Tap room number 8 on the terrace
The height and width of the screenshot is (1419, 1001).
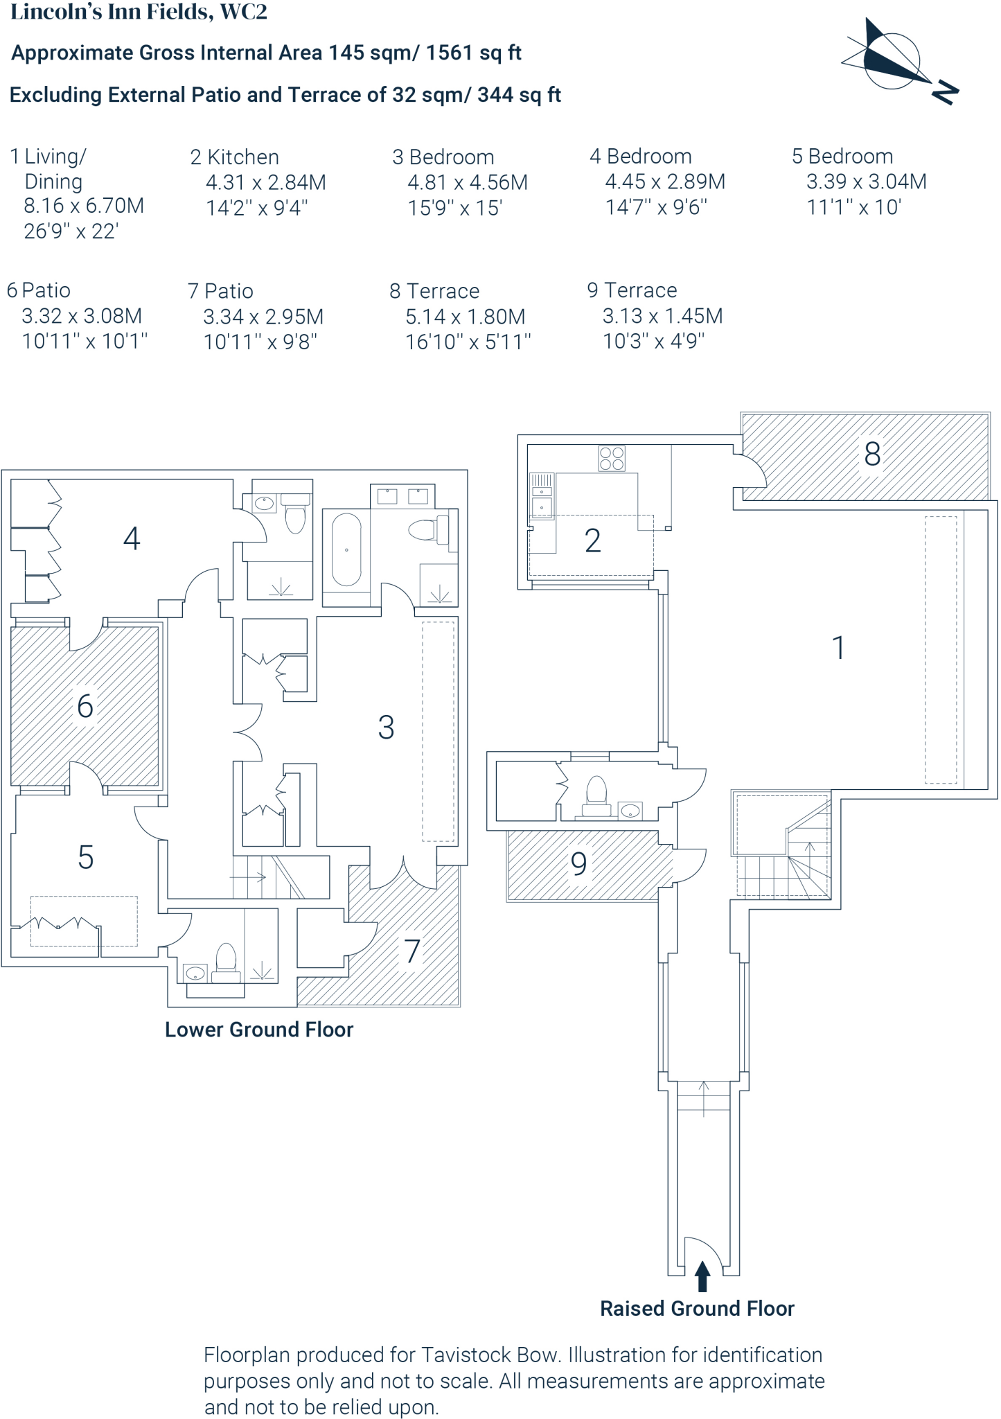pyautogui.click(x=872, y=455)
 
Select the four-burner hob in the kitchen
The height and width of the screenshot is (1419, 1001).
pyautogui.click(x=612, y=459)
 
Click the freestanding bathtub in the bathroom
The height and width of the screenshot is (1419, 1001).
pyautogui.click(x=346, y=549)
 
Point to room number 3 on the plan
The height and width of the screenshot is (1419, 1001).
pyautogui.click(x=386, y=728)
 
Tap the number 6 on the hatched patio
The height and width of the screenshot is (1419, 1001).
pyautogui.click(x=85, y=707)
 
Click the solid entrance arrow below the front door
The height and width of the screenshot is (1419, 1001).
pyautogui.click(x=702, y=1276)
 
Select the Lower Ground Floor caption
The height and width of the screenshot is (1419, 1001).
pyautogui.click(x=258, y=1030)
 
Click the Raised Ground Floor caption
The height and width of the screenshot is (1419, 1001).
pyautogui.click(x=696, y=1308)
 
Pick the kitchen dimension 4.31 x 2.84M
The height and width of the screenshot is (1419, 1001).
pyautogui.click(x=265, y=182)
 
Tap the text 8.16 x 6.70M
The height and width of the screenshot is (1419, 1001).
pyautogui.click(x=84, y=206)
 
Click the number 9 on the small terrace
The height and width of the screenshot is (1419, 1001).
pyautogui.click(x=578, y=864)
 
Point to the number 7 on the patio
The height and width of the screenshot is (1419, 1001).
pyautogui.click(x=412, y=951)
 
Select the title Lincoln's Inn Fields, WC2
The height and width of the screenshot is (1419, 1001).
pyautogui.click(x=139, y=12)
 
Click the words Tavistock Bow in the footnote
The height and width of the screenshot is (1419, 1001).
pyautogui.click(x=489, y=1355)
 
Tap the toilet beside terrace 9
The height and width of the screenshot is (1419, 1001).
pyautogui.click(x=596, y=794)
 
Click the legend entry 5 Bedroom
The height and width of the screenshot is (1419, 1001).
pyautogui.click(x=842, y=157)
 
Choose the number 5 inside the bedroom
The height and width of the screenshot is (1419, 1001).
pyautogui.click(x=85, y=858)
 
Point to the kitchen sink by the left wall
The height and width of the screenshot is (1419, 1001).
pyautogui.click(x=542, y=505)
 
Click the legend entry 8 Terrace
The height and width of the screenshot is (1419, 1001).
pyautogui.click(x=434, y=291)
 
